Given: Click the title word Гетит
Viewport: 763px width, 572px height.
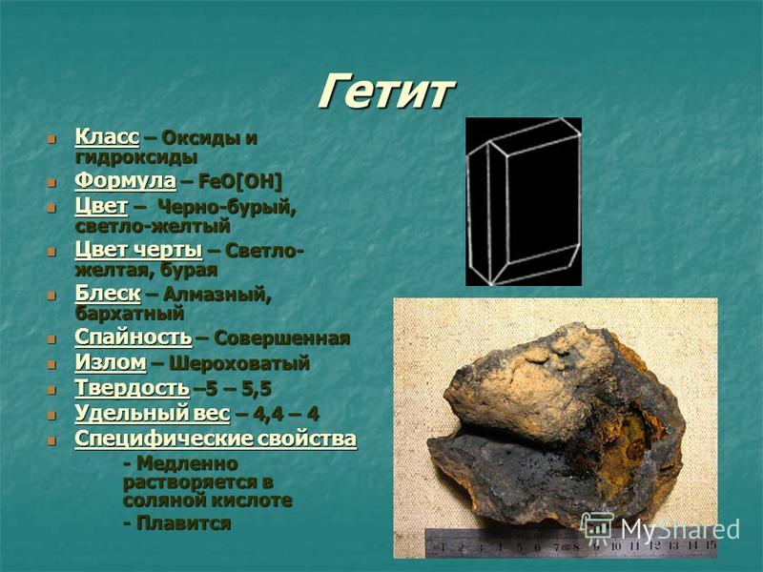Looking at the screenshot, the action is coord(387,92).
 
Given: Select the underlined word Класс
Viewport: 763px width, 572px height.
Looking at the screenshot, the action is coord(107,137).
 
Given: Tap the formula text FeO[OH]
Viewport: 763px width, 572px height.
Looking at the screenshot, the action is coord(240,181).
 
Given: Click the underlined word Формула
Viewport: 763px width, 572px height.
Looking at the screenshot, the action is coord(125,181).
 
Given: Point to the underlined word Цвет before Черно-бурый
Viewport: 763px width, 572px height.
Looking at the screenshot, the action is coord(101,207).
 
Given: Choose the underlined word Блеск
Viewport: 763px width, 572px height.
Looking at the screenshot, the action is coord(108,294).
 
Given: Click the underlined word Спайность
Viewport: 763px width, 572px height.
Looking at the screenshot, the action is coord(134,337).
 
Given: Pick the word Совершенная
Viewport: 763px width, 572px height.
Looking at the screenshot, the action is coord(281,338).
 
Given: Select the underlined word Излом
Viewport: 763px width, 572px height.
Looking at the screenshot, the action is coord(111,362).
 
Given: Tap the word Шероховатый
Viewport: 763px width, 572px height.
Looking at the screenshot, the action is coord(239,364).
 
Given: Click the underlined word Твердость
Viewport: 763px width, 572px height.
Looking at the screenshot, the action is coord(132,388).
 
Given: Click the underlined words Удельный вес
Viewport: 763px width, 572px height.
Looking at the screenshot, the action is coord(153,414).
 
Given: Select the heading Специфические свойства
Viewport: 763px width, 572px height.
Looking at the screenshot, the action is coord(216,439).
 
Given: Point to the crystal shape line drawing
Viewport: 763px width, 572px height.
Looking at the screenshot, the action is coord(524,201).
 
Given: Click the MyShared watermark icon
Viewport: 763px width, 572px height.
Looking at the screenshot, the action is coord(598,528).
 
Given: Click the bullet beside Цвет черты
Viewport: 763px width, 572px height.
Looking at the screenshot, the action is coord(52,252).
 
